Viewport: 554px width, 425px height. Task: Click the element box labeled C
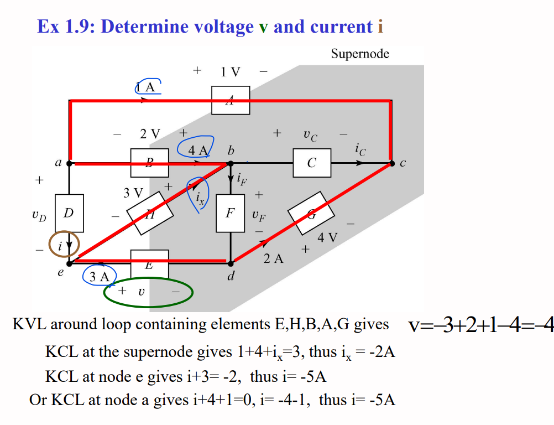coord(312,163)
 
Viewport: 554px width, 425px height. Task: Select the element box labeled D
coord(69,213)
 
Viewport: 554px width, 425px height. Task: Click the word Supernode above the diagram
coord(360,54)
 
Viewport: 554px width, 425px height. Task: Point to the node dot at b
coord(231,163)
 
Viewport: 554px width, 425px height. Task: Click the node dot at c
coord(391,163)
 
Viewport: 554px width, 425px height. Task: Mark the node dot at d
coord(231,262)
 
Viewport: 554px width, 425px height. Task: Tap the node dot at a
coord(69,163)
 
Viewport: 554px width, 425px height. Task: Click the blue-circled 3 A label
coord(99,277)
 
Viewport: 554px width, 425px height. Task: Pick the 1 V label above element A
coord(230,72)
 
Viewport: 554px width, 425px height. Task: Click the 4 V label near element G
coord(327,238)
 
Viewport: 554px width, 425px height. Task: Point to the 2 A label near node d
coord(273,258)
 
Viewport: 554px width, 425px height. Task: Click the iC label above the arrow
coord(360,148)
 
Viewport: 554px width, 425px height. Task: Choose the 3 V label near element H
coord(133,193)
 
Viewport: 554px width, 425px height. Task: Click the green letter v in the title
coord(263,27)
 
